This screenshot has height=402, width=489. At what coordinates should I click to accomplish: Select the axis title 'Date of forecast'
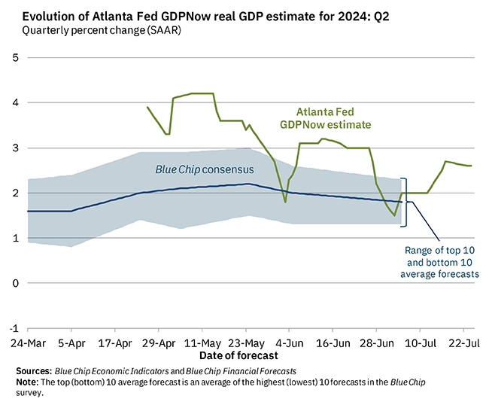tap(238, 355)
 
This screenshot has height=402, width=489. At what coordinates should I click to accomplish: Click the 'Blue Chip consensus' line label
tap(205, 169)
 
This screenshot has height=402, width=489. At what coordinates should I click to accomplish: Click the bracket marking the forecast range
tap(405, 201)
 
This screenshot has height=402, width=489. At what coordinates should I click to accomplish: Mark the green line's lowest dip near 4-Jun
tap(285, 202)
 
